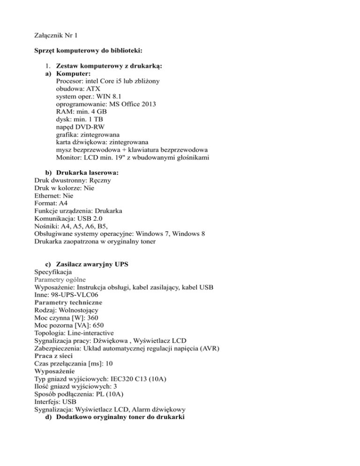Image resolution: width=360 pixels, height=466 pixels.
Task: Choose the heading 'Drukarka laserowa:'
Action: [84, 173]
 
